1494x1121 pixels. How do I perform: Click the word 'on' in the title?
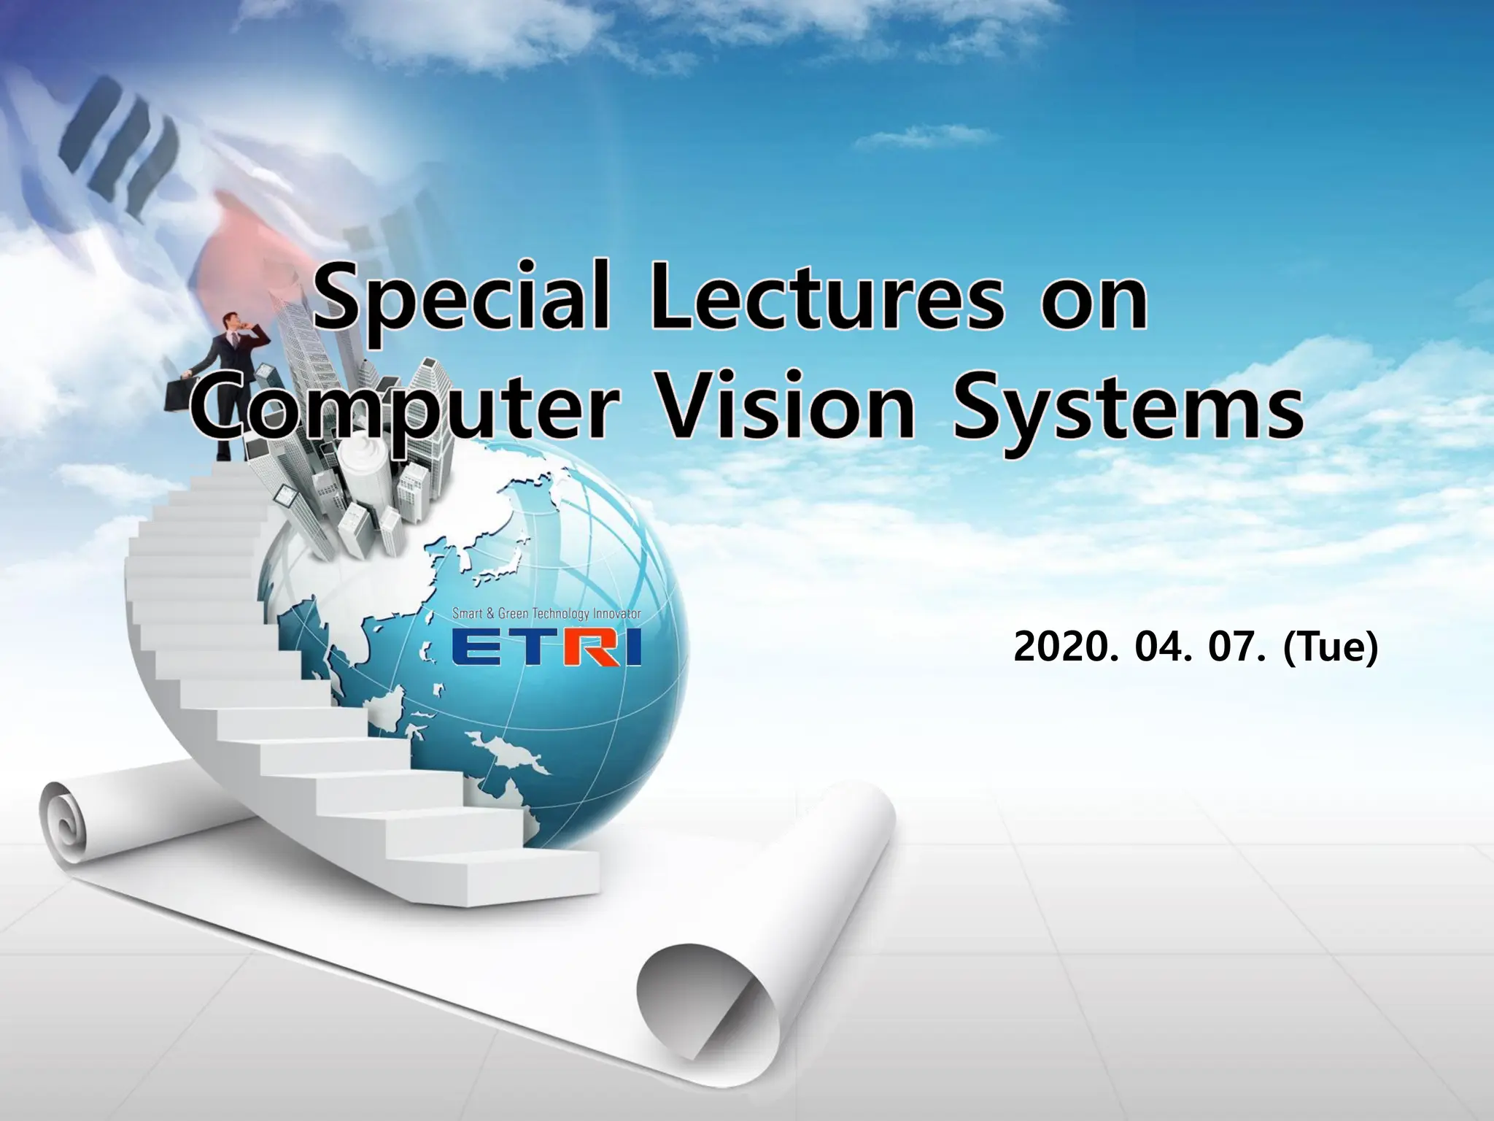pos(1095,307)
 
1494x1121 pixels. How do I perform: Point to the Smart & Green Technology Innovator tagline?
pos(546,614)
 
